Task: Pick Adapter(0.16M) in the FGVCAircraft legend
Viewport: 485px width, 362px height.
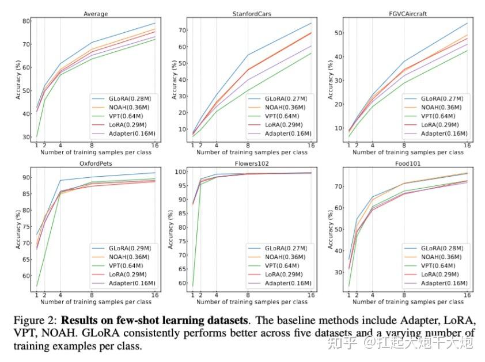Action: point(443,133)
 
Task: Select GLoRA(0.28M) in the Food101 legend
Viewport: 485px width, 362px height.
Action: point(443,248)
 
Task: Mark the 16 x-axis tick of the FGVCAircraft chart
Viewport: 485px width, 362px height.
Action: point(467,145)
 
